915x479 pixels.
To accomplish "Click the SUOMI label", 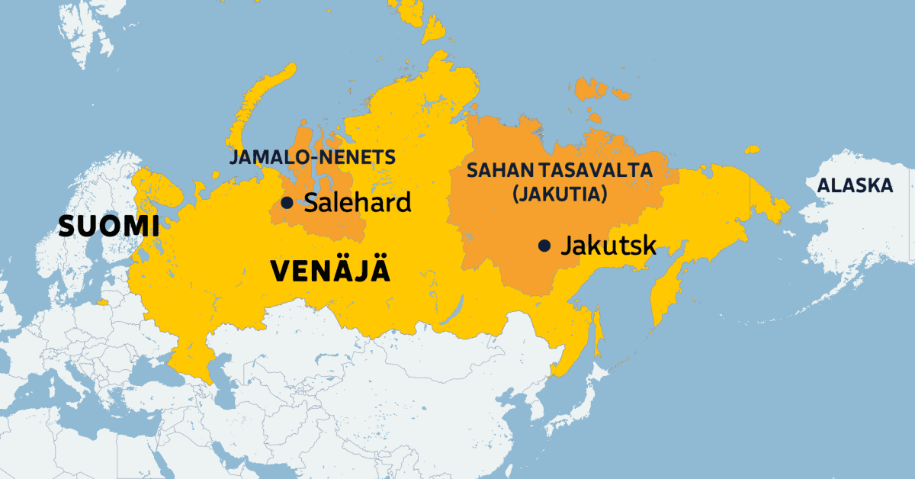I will (x=110, y=226).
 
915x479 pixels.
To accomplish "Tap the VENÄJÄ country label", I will (x=329, y=272).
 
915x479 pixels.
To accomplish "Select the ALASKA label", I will (x=854, y=185).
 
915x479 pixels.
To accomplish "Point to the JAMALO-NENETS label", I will (x=312, y=158).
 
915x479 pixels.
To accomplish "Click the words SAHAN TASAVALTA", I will (x=560, y=170).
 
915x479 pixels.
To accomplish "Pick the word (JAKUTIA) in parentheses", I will (x=560, y=194).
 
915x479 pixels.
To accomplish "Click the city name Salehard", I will (x=358, y=203).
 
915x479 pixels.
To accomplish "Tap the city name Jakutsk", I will (x=608, y=246).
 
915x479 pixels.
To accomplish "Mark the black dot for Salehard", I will (x=287, y=203).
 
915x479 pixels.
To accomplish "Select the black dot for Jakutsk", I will (x=544, y=246).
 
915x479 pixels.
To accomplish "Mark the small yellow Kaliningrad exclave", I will (x=102, y=302).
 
